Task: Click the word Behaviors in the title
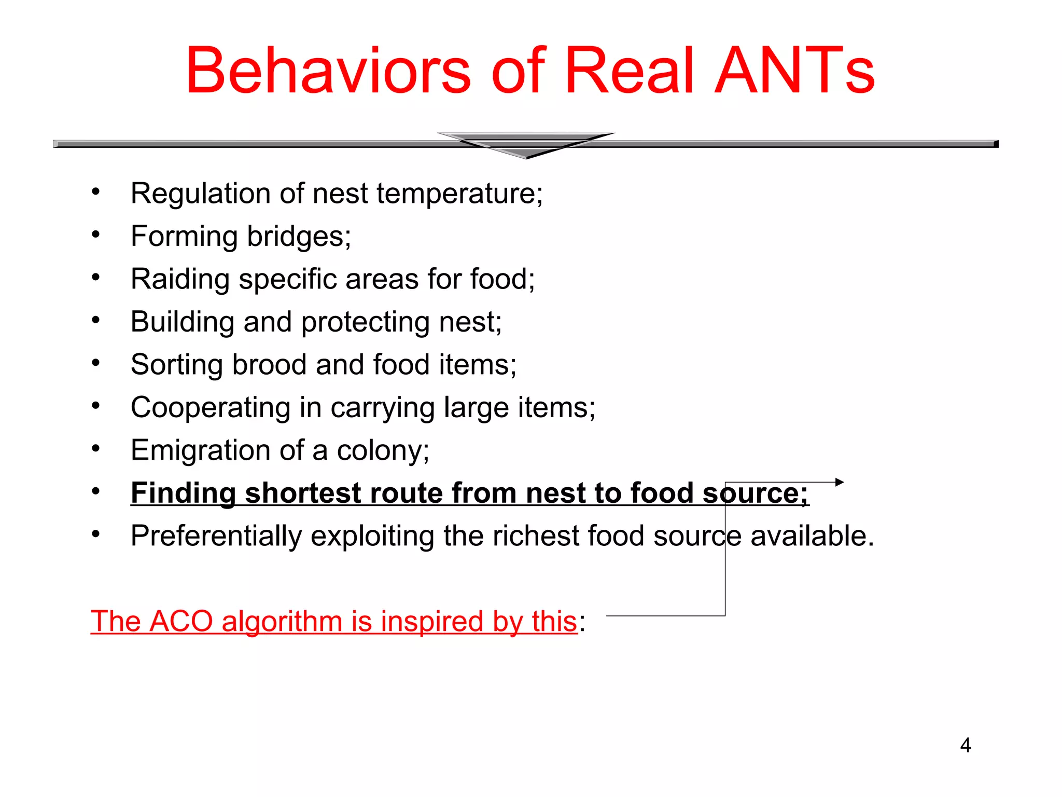click(328, 71)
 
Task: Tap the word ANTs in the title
click(794, 71)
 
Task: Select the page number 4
click(965, 745)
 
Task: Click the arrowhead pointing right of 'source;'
click(840, 482)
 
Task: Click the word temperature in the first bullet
click(459, 194)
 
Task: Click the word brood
click(269, 365)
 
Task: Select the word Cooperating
click(210, 408)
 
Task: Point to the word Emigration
click(200, 450)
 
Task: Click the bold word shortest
click(302, 493)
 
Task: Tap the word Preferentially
click(216, 536)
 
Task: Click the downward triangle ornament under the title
click(526, 145)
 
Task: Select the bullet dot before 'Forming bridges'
click(95, 235)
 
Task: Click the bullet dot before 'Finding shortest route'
click(95, 491)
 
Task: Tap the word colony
click(383, 450)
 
